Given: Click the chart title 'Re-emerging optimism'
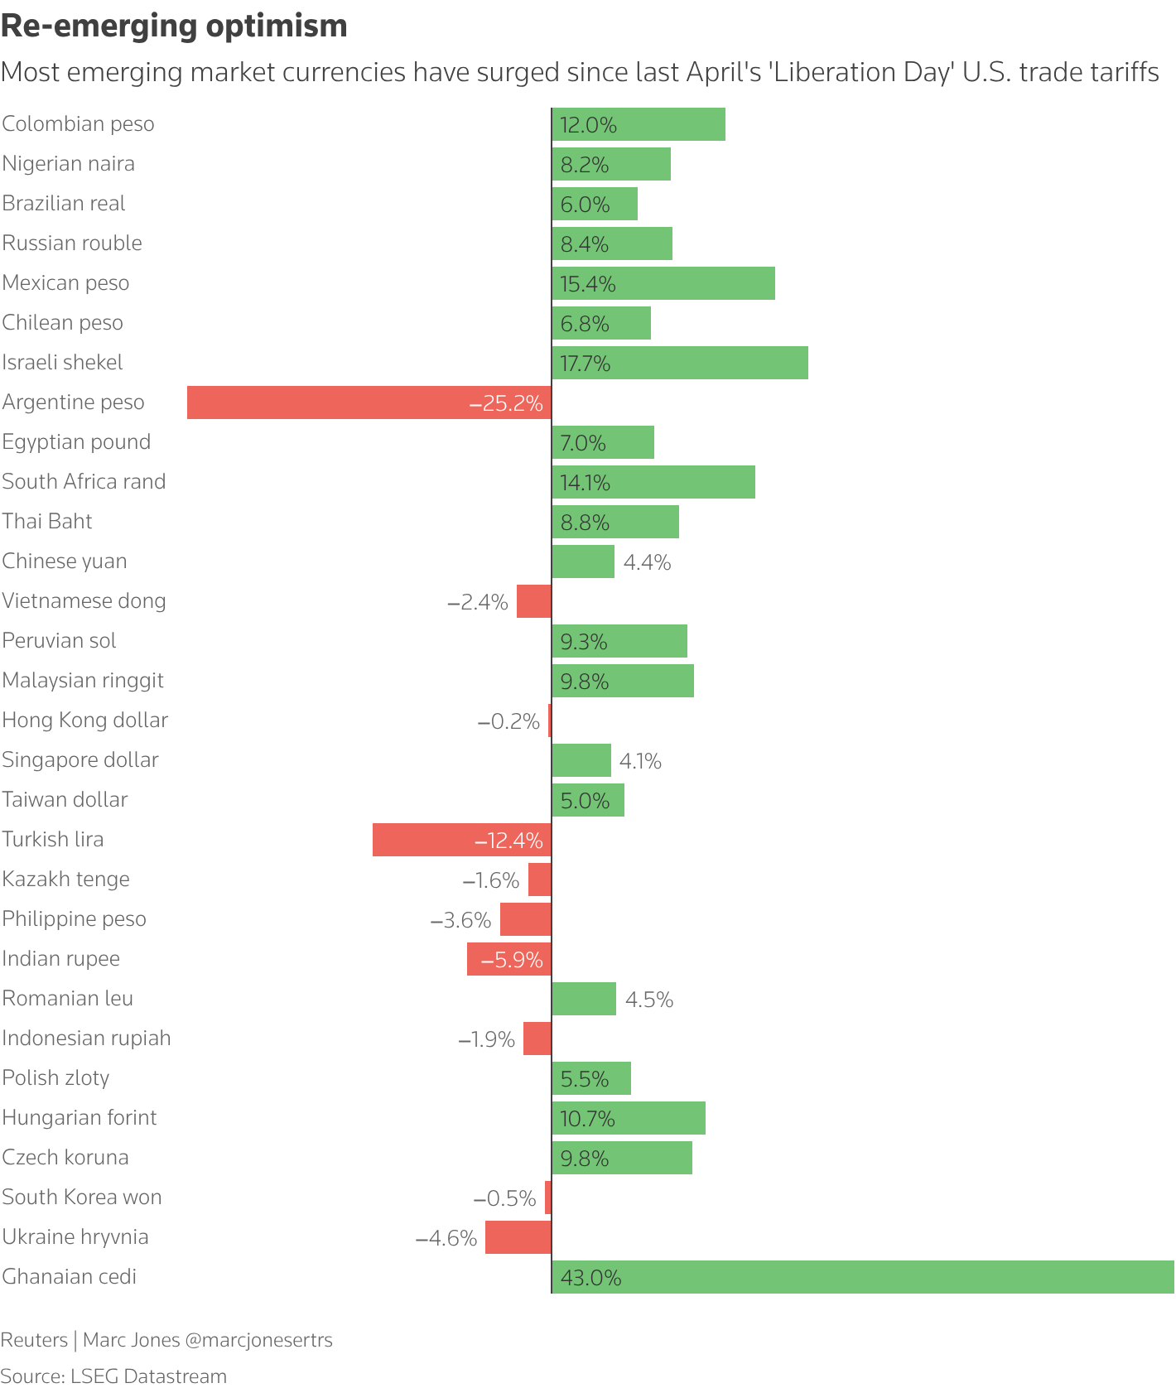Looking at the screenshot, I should (x=174, y=27).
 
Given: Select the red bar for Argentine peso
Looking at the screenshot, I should (x=369, y=402).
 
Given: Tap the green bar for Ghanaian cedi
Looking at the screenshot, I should (x=862, y=1277).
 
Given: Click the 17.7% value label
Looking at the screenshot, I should (x=586, y=364).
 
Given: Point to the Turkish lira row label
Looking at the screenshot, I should (x=53, y=840).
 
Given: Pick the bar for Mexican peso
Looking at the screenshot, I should (x=663, y=283).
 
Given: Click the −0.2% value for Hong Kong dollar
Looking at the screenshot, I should (x=508, y=721).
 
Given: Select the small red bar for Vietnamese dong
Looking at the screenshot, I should (x=534, y=601).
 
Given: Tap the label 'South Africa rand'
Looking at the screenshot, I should (x=84, y=482).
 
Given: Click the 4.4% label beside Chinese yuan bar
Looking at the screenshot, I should (x=647, y=562).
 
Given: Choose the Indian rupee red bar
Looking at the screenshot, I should (x=508, y=959).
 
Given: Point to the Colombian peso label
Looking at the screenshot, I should (x=78, y=124).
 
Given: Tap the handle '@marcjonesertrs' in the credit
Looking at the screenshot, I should (x=259, y=1340).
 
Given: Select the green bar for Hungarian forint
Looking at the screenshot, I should (x=629, y=1118).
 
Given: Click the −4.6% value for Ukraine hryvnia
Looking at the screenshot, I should (x=446, y=1238).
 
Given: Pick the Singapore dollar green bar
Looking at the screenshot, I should (x=581, y=760).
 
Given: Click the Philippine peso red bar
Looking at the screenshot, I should (x=525, y=919).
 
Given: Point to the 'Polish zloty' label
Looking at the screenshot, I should (x=55, y=1078).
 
